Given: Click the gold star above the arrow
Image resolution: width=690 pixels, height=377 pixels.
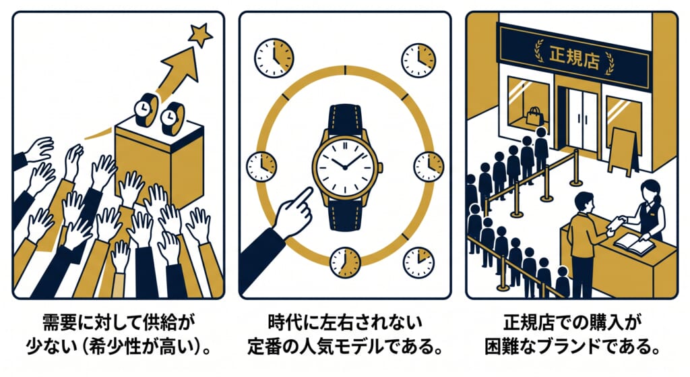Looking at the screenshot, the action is (200, 34).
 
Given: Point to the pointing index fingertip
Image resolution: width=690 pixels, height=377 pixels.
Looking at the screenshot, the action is (309, 191).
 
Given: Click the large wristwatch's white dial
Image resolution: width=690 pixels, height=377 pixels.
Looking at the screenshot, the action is (345, 167).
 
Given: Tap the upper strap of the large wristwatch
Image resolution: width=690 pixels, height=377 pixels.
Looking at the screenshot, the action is (346, 118).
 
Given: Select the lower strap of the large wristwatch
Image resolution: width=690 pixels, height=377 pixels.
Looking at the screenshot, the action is (345, 215).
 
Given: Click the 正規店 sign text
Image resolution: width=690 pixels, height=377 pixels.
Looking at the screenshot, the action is (574, 57).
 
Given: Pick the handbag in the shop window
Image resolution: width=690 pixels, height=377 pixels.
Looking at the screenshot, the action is (534, 116).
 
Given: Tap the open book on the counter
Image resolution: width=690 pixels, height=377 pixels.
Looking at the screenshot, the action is (634, 243).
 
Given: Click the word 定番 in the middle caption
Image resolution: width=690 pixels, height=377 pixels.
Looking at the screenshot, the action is (263, 347).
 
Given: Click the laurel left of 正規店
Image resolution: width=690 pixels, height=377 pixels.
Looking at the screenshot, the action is (538, 51).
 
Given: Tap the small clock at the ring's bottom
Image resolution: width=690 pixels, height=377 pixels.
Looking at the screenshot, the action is (345, 262).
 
